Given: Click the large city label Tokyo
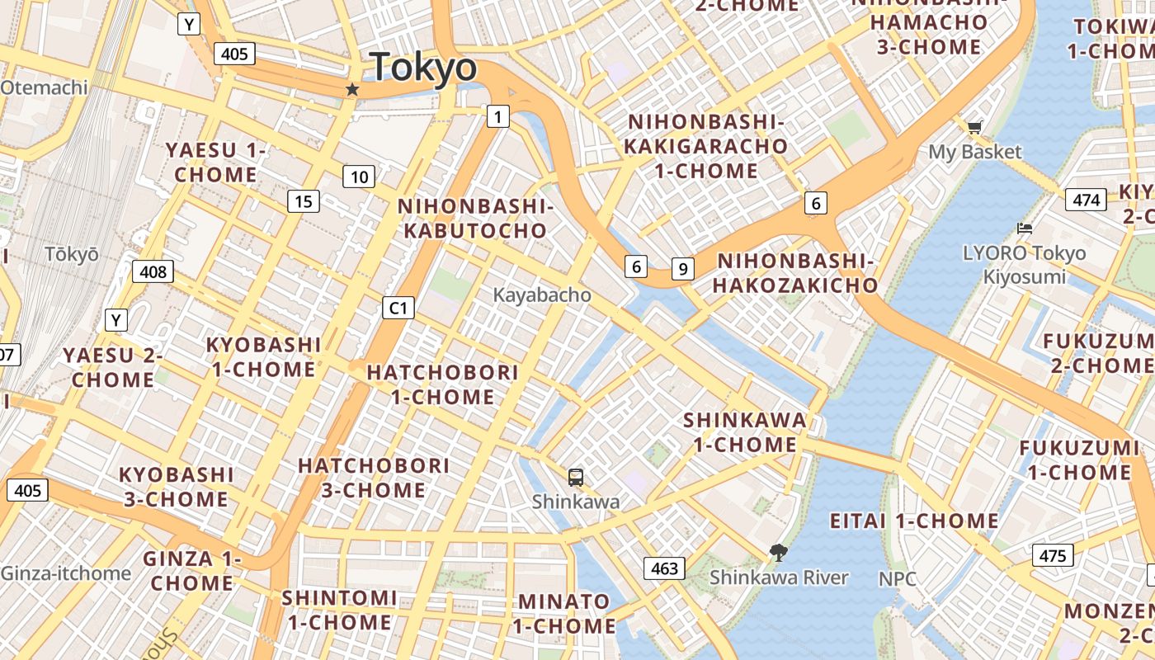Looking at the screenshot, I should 423,68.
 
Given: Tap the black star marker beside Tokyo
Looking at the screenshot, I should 352,89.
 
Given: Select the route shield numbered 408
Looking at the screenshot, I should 153,271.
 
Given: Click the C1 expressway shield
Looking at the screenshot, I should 398,308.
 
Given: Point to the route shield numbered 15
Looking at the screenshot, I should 304,200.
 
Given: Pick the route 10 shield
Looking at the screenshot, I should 359,177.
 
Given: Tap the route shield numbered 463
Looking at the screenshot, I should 664,568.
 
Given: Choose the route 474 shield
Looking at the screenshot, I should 1086,200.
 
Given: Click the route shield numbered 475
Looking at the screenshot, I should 1053,555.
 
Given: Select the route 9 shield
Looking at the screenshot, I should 682,268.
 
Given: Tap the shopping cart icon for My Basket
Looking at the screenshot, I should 974,127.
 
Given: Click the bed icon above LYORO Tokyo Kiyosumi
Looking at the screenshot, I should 1025,229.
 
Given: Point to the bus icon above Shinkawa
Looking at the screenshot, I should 576,476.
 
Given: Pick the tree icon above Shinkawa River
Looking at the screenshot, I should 777,552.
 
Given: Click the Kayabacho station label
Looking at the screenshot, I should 542,295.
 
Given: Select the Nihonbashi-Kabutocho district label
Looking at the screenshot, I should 474,218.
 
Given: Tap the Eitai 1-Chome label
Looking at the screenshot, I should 914,521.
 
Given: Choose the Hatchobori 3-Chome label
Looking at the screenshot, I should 374,478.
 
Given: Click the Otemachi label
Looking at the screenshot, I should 44,87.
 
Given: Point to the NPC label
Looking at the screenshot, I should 897,578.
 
